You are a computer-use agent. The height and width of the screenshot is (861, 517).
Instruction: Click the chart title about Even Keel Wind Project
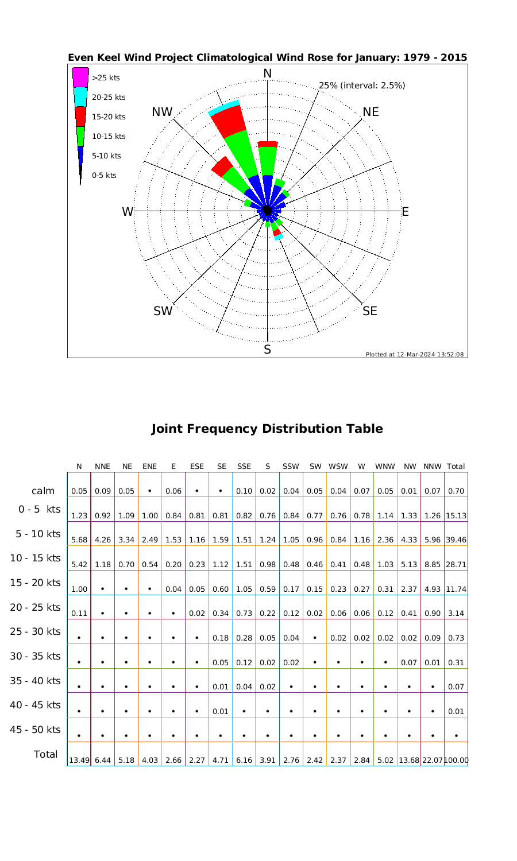pyautogui.click(x=267, y=58)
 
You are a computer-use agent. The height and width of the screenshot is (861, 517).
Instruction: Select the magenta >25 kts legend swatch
pyautogui.click(x=80, y=77)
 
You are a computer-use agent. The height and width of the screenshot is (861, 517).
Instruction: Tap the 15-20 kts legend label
pyautogui.click(x=109, y=117)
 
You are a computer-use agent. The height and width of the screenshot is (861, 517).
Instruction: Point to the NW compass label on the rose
pyautogui.click(x=162, y=113)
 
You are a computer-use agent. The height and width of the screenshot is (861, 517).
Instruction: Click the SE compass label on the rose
pyautogui.click(x=370, y=311)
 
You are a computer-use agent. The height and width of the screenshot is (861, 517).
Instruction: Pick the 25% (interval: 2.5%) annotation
pyautogui.click(x=362, y=86)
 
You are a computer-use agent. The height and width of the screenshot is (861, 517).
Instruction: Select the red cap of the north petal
pyautogui.click(x=268, y=144)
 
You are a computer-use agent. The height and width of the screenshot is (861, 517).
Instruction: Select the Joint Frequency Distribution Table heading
pyautogui.click(x=267, y=429)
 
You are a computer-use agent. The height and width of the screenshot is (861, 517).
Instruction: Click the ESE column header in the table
pyautogui.click(x=197, y=467)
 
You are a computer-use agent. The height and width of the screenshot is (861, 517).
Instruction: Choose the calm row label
pyautogui.click(x=43, y=491)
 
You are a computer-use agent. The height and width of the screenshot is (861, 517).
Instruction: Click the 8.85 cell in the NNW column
pyautogui.click(x=433, y=565)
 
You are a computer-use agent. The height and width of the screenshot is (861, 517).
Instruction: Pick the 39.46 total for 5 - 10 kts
pyautogui.click(x=456, y=540)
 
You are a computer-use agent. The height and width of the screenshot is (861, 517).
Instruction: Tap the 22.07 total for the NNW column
pyautogui.click(x=433, y=761)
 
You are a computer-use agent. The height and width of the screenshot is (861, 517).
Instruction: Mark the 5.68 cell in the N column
pyautogui.click(x=79, y=540)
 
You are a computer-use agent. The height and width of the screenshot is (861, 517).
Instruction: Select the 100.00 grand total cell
pyautogui.click(x=457, y=761)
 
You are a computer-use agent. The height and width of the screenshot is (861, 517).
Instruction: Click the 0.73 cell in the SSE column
pyautogui.click(x=244, y=614)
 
